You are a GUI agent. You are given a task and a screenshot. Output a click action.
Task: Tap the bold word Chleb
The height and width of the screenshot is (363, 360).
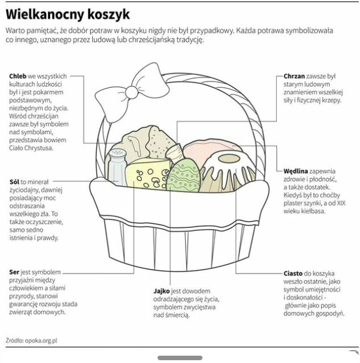click(x=18, y=76)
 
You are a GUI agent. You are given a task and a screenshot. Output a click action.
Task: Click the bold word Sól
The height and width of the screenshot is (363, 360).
click(x=15, y=182)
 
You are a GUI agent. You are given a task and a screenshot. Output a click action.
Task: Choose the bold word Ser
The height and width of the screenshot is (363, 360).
click(x=15, y=272)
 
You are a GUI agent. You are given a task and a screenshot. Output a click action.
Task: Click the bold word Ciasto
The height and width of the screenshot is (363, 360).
click(x=293, y=273)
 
